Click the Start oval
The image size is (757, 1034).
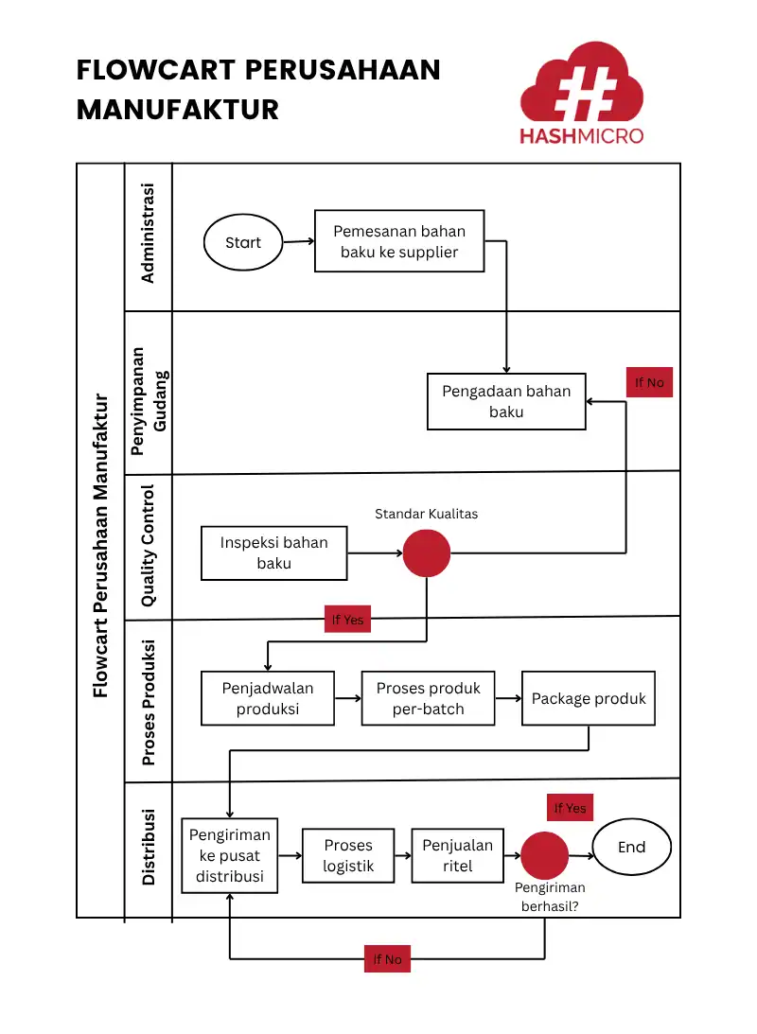(243, 242)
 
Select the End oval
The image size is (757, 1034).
(631, 848)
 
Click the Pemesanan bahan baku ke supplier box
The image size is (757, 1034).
(398, 241)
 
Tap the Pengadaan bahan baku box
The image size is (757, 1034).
(506, 402)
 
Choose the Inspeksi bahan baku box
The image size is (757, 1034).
(273, 553)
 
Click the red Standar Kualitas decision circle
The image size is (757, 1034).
(426, 553)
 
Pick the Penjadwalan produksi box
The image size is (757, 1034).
(268, 698)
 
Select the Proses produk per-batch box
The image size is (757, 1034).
(428, 698)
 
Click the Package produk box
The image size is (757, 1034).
(588, 698)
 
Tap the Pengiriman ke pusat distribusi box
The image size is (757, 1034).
(230, 855)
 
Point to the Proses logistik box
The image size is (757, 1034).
(348, 855)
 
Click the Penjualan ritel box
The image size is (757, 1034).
(458, 855)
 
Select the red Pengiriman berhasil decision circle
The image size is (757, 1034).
(545, 855)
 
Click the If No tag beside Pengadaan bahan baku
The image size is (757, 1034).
(649, 382)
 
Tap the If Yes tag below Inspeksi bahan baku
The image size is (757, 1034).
(347, 620)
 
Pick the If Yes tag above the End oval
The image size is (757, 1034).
(570, 808)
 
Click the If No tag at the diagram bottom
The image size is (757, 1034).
(387, 959)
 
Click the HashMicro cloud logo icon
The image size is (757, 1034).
(581, 84)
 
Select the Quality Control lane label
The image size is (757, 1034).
(149, 546)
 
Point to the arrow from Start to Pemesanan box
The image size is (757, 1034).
(298, 241)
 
